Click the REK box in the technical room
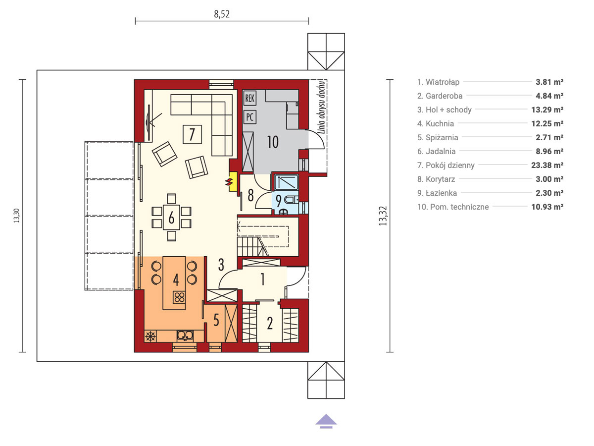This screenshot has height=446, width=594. (249, 98)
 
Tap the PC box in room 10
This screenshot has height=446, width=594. (249, 117)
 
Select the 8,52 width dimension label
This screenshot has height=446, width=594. (222, 14)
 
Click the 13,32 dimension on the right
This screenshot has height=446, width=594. (383, 216)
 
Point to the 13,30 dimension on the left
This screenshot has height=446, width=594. (17, 216)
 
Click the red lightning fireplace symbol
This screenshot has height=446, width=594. (230, 182)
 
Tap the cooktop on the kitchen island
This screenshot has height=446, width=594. (179, 297)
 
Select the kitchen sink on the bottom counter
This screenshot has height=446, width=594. (185, 336)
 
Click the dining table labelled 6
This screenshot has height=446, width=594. (171, 218)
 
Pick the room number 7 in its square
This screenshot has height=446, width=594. (192, 134)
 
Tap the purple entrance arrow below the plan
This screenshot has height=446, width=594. (326, 421)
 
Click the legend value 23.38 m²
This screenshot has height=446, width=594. (547, 165)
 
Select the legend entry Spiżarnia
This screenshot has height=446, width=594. (438, 137)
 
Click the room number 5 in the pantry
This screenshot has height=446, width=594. (216, 320)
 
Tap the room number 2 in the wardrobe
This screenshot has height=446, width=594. (270, 323)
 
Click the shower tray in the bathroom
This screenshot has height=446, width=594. (286, 182)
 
